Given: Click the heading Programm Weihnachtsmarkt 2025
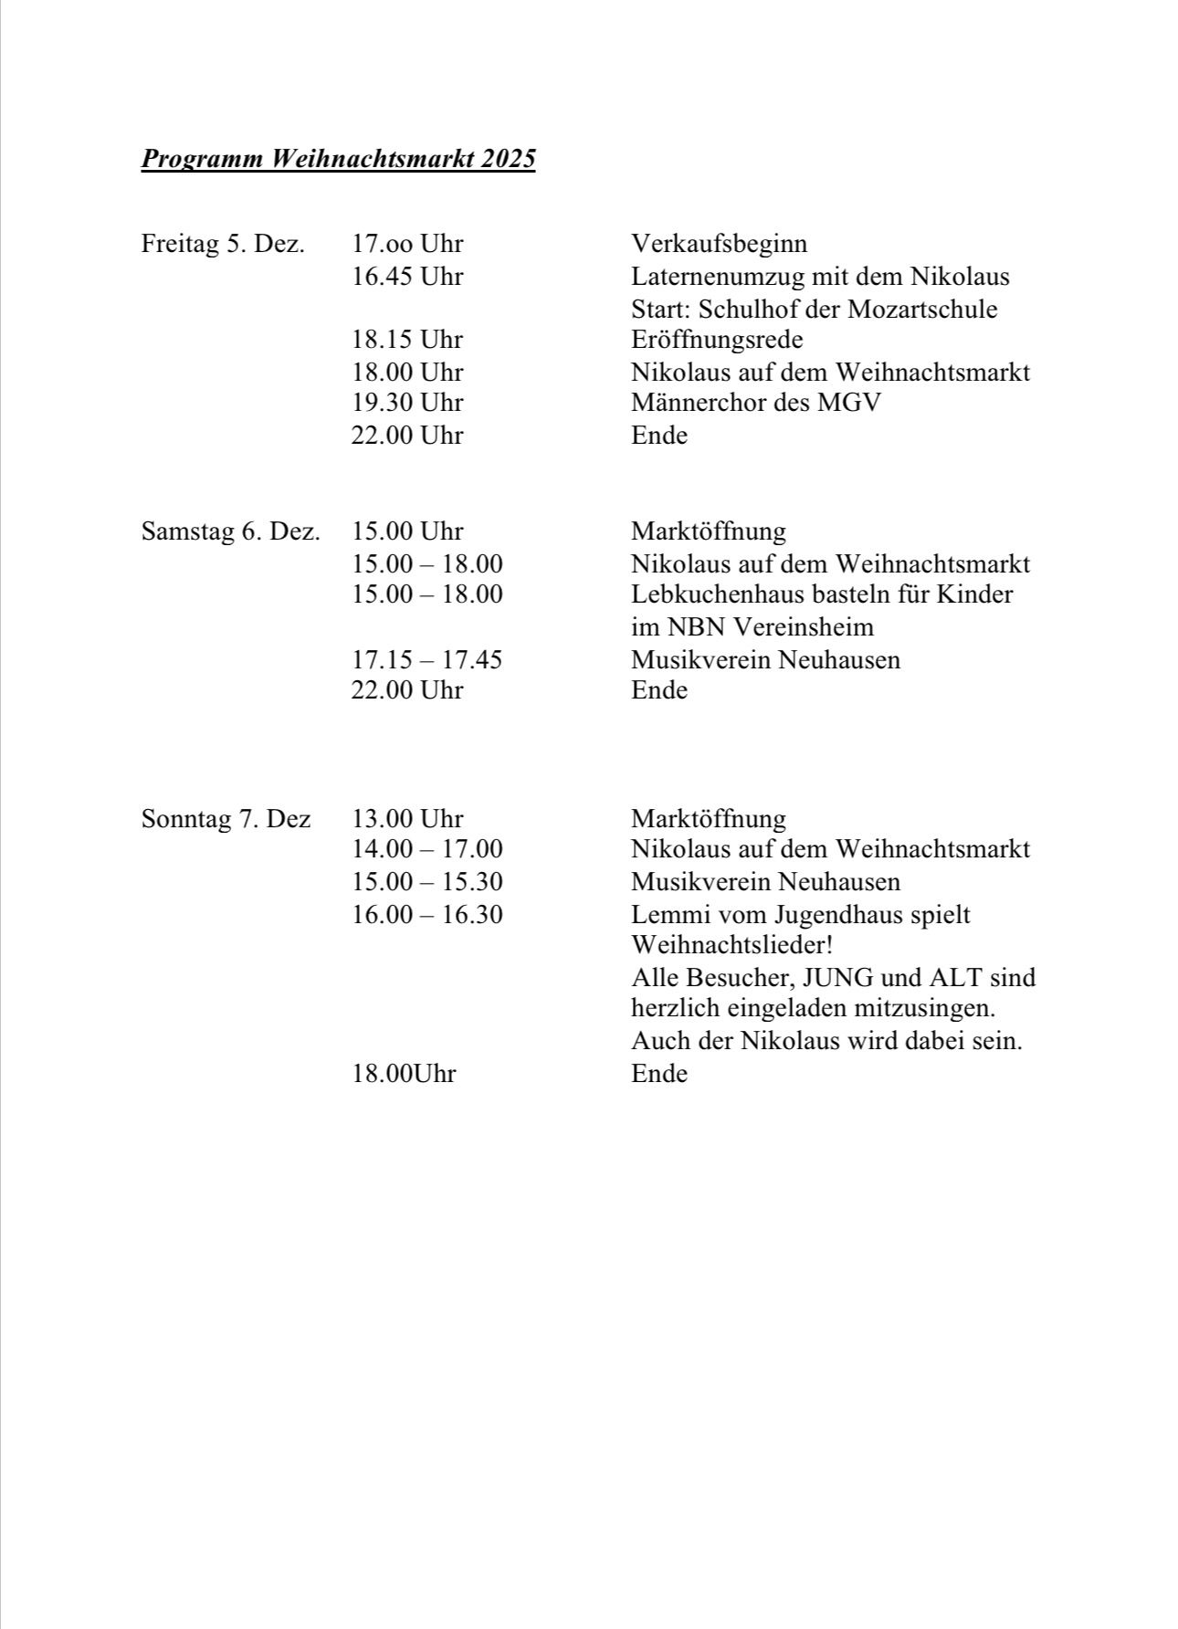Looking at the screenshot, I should click(x=338, y=159).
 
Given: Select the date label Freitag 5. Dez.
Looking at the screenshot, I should click(x=223, y=244).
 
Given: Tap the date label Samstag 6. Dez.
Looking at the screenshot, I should click(x=230, y=531).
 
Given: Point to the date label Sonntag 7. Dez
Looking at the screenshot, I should click(x=226, y=818).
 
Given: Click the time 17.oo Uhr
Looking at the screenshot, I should click(x=407, y=244).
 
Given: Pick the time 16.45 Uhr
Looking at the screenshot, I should click(x=407, y=276).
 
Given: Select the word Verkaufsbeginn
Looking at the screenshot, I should click(x=719, y=244).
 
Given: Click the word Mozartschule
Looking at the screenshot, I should click(x=922, y=309).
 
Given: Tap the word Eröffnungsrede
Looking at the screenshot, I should click(x=717, y=340).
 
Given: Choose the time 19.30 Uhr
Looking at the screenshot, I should click(x=407, y=403).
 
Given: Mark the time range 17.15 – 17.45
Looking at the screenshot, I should click(x=427, y=659).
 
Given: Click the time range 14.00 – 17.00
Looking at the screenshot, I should click(x=427, y=849).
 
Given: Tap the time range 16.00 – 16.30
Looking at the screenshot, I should click(x=427, y=914).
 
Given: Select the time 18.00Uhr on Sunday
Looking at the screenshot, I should click(x=404, y=1074).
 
